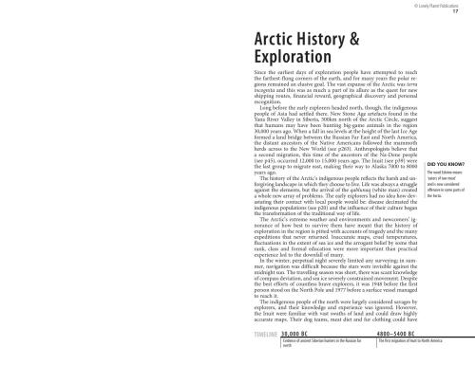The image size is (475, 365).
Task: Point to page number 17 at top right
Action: point(455,12)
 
